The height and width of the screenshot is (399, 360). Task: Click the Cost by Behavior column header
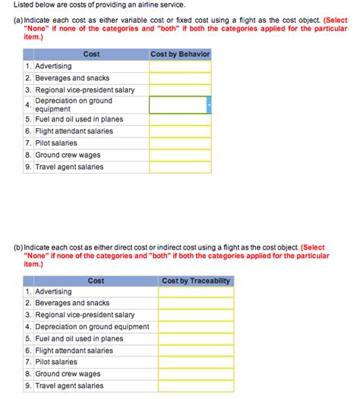pos(180,55)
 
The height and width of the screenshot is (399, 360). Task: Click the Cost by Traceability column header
pos(195,281)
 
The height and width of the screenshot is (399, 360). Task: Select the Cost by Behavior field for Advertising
pos(180,66)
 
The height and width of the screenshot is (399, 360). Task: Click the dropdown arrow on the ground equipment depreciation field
pos(208,105)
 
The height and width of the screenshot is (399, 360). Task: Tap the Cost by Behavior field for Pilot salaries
pos(180,143)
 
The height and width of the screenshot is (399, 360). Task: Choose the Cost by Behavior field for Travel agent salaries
pos(180,167)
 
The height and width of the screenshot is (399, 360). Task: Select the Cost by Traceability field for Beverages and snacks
pos(195,303)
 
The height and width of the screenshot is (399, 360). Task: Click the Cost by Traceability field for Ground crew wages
pos(195,374)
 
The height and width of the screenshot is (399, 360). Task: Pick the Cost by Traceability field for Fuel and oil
pos(195,339)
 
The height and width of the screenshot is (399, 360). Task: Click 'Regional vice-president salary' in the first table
pos(85,90)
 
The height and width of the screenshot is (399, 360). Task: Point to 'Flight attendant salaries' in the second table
pos(74,350)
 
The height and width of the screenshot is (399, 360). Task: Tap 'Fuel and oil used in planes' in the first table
pos(79,119)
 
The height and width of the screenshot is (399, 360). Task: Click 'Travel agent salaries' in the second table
pos(69,386)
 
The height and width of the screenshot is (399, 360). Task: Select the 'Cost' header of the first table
pos(91,55)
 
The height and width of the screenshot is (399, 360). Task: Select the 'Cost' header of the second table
pos(96,281)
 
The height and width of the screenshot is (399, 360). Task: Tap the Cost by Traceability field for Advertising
pos(195,292)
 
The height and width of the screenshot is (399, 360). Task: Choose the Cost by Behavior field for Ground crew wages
pos(180,155)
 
